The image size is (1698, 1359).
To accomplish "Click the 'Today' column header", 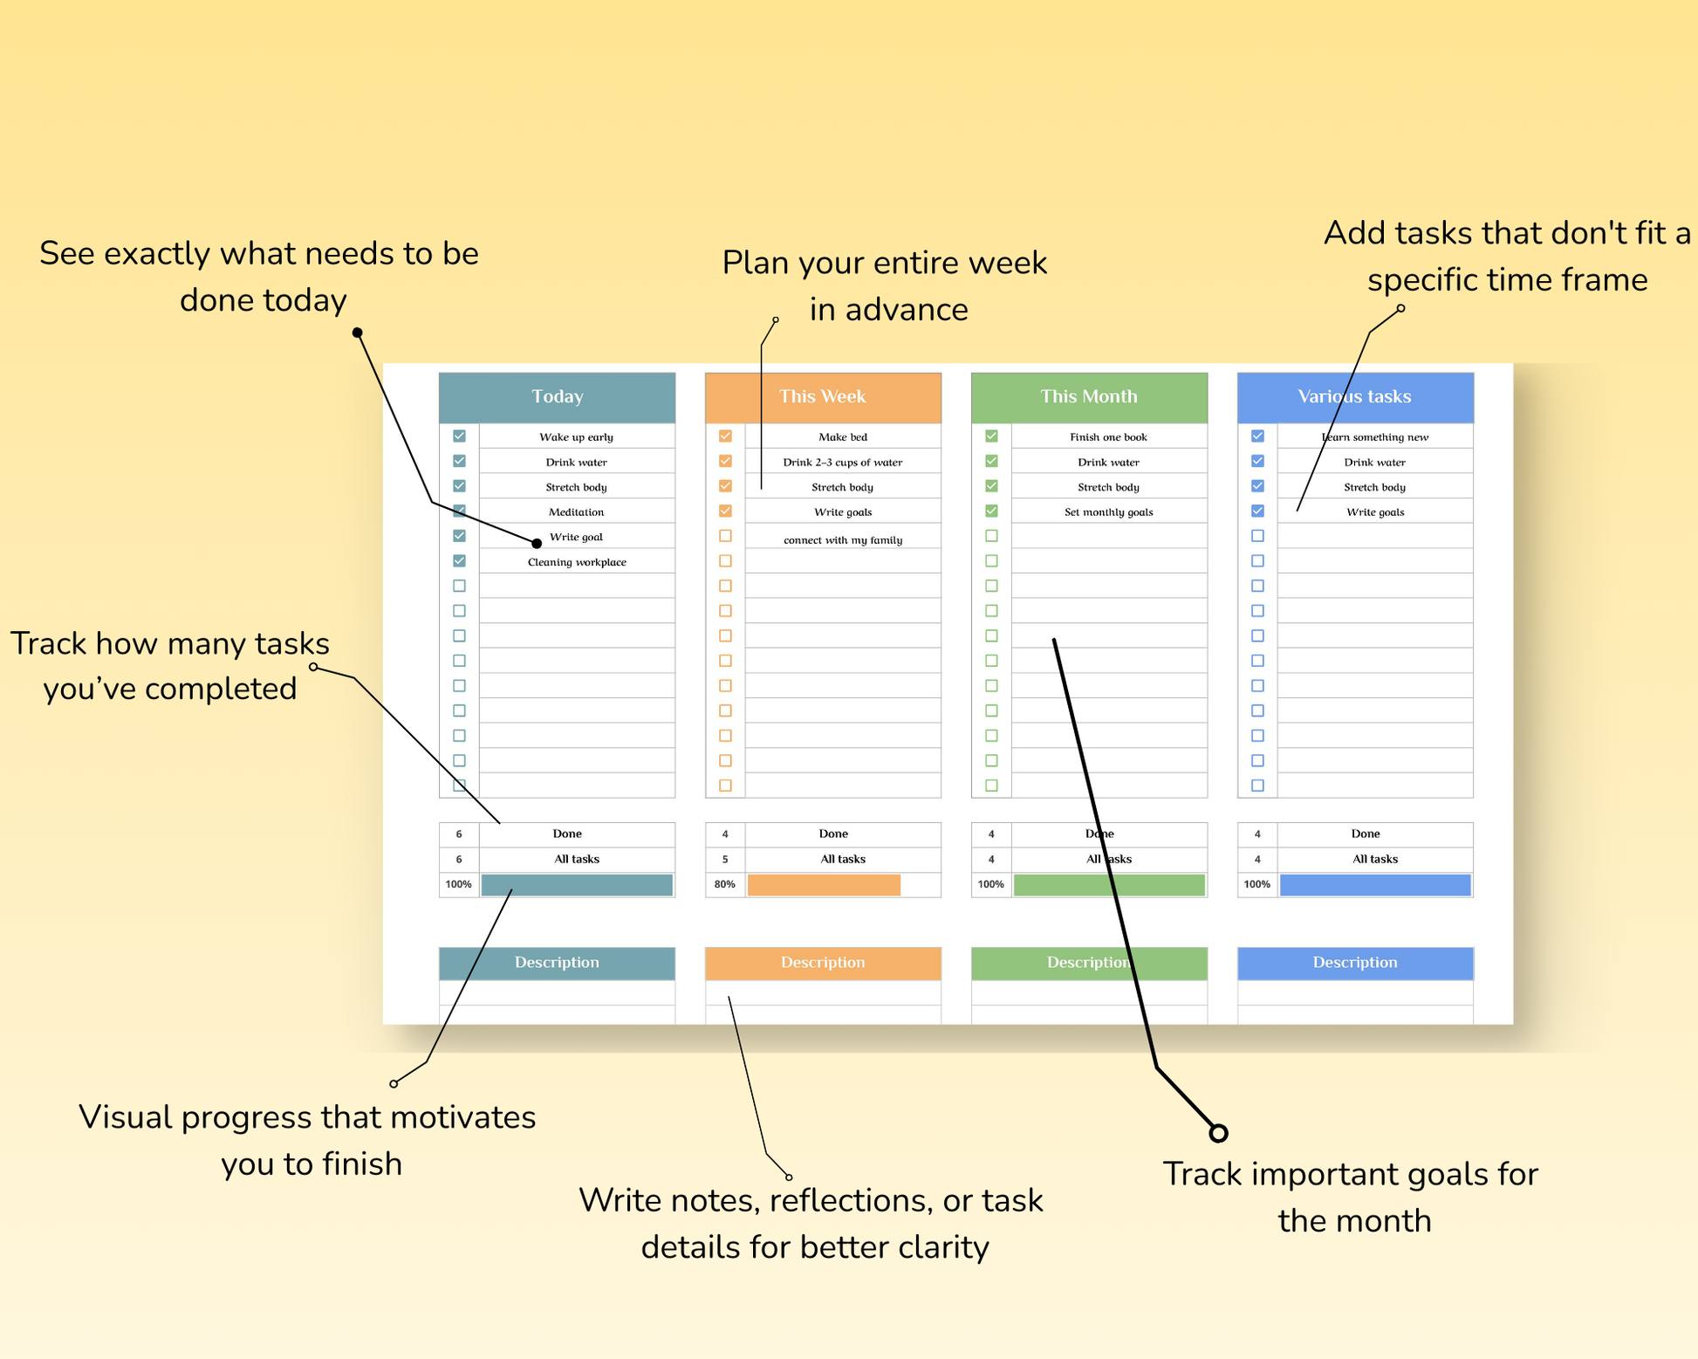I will (557, 397).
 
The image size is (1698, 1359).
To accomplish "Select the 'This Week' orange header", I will (822, 397).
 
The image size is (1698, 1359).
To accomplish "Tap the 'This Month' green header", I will (1088, 397).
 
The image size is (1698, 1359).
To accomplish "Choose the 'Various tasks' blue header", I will (1354, 397).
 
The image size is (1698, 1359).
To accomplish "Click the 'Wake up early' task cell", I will (576, 437).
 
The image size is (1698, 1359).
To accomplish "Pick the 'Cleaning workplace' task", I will (577, 562).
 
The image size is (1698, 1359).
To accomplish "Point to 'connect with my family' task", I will (843, 540).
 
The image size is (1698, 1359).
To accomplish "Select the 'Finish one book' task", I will (1108, 437).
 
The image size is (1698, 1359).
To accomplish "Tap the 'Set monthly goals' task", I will (1108, 512).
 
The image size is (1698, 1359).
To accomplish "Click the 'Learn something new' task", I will (1375, 437).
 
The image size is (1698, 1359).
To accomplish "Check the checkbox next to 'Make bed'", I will (725, 436).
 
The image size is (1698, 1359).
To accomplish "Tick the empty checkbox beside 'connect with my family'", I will (725, 536).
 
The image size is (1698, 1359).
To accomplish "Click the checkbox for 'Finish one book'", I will (991, 436).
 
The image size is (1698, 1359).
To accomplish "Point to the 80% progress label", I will (724, 884).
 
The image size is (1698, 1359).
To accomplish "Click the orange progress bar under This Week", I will (824, 885).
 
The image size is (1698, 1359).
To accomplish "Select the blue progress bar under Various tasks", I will (1375, 885).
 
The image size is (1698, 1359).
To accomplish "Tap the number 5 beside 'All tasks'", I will (724, 859).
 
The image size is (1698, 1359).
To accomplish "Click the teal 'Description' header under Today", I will (557, 963).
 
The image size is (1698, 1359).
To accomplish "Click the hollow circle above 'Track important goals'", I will (1218, 1133).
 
